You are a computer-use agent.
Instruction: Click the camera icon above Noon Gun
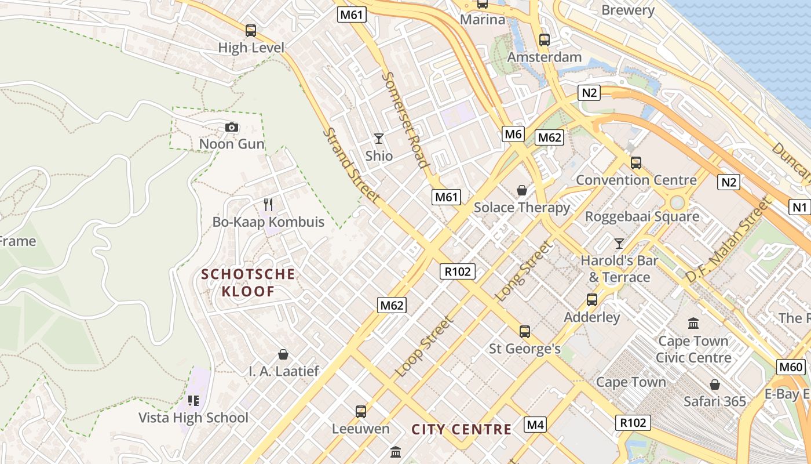pyautogui.click(x=232, y=128)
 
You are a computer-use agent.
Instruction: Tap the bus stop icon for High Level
pyautogui.click(x=251, y=31)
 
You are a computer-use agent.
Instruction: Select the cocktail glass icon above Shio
pyautogui.click(x=379, y=139)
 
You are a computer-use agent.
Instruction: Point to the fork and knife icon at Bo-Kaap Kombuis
pyautogui.click(x=268, y=204)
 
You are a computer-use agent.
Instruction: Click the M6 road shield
pyautogui.click(x=513, y=135)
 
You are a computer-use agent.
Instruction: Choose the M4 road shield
pyautogui.click(x=535, y=425)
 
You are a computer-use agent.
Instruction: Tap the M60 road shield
pyautogui.click(x=791, y=367)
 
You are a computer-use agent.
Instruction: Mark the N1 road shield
pyautogui.click(x=799, y=206)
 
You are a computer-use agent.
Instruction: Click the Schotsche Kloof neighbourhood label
pyautogui.click(x=248, y=282)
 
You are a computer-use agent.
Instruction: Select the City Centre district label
pyautogui.click(x=462, y=430)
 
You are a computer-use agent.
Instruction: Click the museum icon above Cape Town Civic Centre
pyautogui.click(x=693, y=323)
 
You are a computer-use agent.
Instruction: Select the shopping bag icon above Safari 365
pyautogui.click(x=715, y=385)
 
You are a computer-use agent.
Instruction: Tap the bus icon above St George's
pyautogui.click(x=525, y=332)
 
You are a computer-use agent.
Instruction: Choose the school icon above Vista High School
pyautogui.click(x=193, y=400)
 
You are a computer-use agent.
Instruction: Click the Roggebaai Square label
pyautogui.click(x=642, y=217)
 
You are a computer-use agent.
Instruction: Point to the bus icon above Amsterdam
pyautogui.click(x=545, y=40)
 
